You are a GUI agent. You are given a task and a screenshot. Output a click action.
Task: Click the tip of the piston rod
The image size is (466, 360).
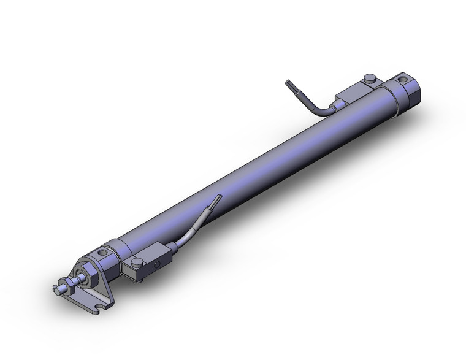click(56, 286)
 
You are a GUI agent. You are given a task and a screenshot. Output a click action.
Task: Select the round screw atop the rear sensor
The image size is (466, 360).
click(369, 78)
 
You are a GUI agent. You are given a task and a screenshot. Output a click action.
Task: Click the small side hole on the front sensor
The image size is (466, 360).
click(157, 265)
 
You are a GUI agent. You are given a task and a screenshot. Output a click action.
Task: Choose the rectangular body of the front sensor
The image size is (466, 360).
click(147, 265)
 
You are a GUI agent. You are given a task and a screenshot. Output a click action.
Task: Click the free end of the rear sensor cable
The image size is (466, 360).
click(288, 83)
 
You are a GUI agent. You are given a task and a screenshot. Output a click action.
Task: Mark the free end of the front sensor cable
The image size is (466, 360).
click(216, 198)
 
